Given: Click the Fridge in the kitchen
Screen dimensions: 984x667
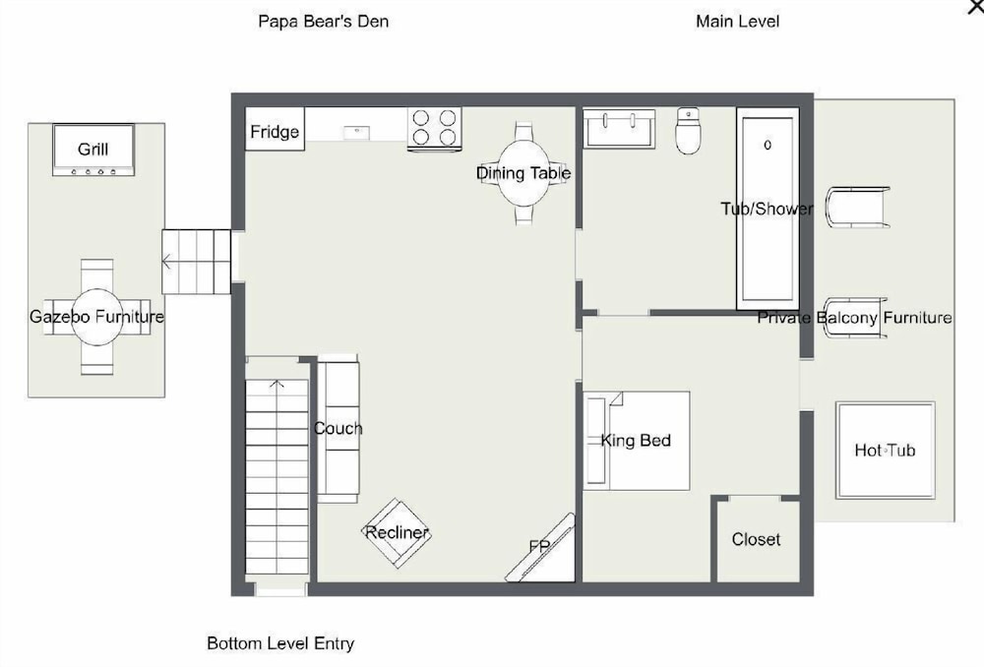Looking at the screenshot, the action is [275, 129].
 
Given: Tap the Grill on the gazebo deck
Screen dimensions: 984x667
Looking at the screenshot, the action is [93, 150].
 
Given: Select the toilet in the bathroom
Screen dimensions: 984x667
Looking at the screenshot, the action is [688, 131].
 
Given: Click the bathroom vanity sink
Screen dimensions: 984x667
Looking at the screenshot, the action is [619, 129].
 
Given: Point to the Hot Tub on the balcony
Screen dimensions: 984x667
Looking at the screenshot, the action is [885, 450].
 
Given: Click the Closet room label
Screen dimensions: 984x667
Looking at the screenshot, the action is [756, 540].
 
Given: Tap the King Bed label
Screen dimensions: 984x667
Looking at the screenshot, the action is [636, 441].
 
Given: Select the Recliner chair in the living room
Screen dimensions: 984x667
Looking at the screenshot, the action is [397, 533].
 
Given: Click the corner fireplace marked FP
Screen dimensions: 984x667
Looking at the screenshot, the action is [541, 549].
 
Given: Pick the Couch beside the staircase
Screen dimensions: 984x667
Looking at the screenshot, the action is [338, 429].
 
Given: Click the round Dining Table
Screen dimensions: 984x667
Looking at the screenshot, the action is [524, 173].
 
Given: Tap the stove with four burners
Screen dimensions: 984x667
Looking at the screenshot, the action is [434, 129].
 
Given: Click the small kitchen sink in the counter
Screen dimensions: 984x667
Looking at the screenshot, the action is [356, 133].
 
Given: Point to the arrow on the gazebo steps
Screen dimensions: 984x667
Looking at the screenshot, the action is [165, 262].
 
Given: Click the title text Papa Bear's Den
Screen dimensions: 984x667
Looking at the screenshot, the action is [323, 22].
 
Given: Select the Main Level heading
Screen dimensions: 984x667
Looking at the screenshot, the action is [737, 22].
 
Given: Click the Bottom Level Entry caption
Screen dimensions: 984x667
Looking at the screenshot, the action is [280, 643].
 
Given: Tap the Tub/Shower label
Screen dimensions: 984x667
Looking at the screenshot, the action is [767, 209].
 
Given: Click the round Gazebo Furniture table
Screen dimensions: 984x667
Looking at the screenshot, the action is [96, 317].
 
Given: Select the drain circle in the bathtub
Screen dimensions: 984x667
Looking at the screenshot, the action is [768, 145].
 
